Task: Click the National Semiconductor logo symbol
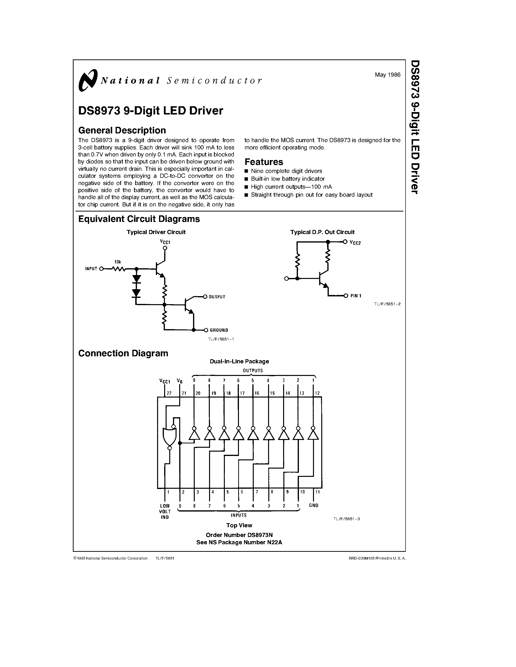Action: pyautogui.click(x=88, y=80)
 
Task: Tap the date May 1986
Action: pyautogui.click(x=387, y=75)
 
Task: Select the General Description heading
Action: pyautogui.click(x=122, y=130)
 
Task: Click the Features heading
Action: pyautogui.click(x=264, y=162)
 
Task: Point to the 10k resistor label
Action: pyautogui.click(x=118, y=262)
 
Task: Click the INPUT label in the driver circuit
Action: pyautogui.click(x=91, y=269)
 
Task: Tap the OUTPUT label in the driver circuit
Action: pyautogui.click(x=217, y=297)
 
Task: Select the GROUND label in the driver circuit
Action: pyautogui.click(x=218, y=330)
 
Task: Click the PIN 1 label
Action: pyautogui.click(x=356, y=296)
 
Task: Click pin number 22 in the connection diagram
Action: pyautogui.click(x=169, y=393)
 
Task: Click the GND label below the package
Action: pyautogui.click(x=314, y=505)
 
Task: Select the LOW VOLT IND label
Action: pyautogui.click(x=165, y=511)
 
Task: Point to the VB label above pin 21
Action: pyautogui.click(x=179, y=381)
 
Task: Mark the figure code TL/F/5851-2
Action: pyautogui.click(x=387, y=304)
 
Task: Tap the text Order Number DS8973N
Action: pyautogui.click(x=239, y=535)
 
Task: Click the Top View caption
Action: pyautogui.click(x=239, y=525)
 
